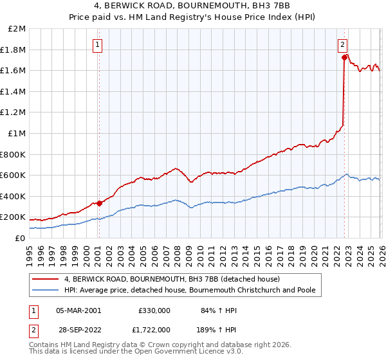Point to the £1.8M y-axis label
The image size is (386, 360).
click(x=14, y=50)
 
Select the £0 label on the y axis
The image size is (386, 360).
click(x=20, y=238)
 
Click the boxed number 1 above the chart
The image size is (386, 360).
click(x=98, y=44)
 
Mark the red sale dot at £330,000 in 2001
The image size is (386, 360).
click(x=99, y=203)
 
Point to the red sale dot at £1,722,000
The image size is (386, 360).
click(x=344, y=57)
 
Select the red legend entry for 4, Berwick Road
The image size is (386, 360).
click(x=172, y=280)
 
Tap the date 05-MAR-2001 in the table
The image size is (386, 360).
click(x=78, y=310)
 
